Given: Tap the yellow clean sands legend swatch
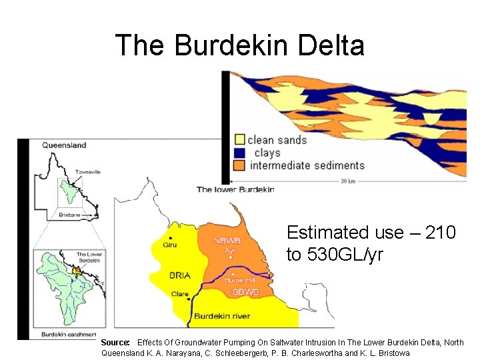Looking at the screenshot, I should coord(239,140).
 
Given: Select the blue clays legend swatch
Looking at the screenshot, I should coord(239,153).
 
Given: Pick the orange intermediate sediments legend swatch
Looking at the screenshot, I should coord(239,165).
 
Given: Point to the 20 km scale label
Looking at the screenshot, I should coord(348,181).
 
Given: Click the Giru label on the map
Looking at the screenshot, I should coord(170,245).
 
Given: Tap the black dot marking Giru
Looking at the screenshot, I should coord(171,238).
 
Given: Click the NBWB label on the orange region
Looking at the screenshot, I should coord(227,241).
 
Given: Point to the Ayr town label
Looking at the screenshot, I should coord(230,251).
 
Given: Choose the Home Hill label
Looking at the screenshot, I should coord(239,281).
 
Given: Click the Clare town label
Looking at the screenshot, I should coord(180,294).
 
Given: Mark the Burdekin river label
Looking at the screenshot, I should coord(221,316).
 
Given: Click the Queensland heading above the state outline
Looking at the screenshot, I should coord(64,145).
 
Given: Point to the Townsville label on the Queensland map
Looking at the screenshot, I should coord(88,172).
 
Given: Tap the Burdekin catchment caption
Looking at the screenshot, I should coord(69,334).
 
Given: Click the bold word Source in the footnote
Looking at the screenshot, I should coord(115,342).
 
